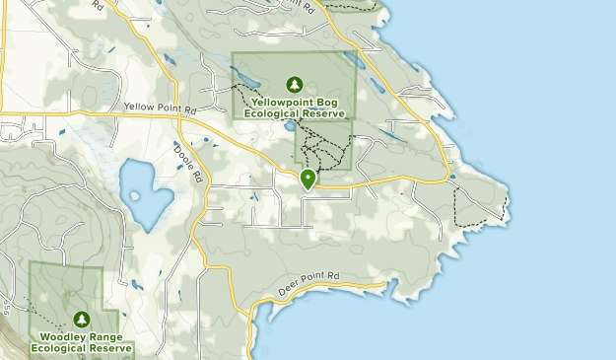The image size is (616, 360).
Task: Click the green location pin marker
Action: (308, 179)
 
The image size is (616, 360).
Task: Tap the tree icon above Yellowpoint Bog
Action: (293, 84)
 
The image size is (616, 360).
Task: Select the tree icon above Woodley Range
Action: (81, 319)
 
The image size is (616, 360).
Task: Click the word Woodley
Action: (58, 335)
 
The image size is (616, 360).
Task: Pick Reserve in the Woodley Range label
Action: (110, 347)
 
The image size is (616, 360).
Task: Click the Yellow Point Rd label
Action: (155, 107)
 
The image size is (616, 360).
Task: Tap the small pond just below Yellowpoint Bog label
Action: (288, 127)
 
